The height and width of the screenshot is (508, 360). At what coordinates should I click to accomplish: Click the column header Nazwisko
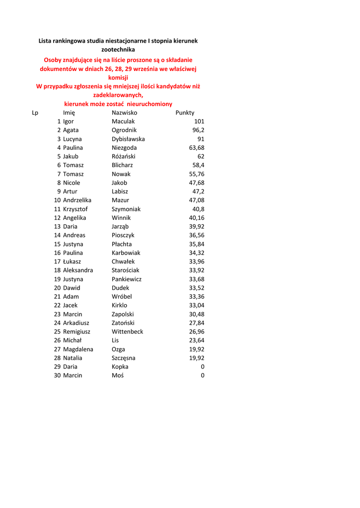coord(124,113)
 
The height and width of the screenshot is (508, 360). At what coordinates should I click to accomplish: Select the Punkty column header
coord(185,113)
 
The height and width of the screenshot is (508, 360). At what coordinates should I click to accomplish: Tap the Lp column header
coord(35,113)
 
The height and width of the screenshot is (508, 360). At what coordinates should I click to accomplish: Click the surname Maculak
coord(123,122)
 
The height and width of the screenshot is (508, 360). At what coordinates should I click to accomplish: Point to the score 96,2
coord(198,130)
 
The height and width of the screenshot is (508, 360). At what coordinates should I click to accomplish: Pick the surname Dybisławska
coord(128,139)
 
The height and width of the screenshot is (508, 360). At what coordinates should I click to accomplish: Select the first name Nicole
coord(72,183)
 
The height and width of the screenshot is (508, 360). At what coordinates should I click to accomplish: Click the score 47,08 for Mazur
coord(197,200)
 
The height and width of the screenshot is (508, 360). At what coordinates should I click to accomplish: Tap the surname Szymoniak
coord(126,209)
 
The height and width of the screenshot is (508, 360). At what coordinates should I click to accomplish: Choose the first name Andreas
coord(74,235)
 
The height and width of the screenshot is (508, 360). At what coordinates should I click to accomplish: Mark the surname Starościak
coord(125,270)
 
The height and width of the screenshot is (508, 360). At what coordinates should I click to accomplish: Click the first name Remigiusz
coord(76,331)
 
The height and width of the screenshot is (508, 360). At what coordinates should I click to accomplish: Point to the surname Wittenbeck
coord(127,331)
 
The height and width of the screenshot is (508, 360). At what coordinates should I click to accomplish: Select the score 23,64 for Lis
coord(197,340)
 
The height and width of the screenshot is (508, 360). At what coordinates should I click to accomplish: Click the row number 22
coord(57,306)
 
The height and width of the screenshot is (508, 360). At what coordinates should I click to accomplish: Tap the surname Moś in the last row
coord(118,376)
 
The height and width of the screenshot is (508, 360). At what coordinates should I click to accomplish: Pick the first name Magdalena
coord(78,349)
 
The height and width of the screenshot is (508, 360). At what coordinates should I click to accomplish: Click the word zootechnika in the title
coord(118,50)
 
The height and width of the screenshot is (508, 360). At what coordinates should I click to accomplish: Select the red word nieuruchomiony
coord(149,104)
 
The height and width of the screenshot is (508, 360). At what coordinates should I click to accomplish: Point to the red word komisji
coord(118,77)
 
